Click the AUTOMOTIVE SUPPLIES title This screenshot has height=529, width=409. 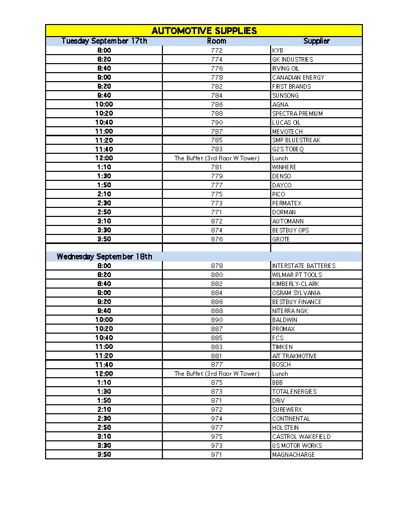(204, 31)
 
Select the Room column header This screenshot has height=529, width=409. (217, 41)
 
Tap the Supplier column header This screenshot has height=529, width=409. (316, 41)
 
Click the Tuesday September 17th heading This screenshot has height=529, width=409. (104, 41)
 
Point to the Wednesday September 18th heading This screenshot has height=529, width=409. (104, 256)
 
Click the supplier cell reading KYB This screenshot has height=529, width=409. (278, 51)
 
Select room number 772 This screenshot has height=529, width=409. (217, 51)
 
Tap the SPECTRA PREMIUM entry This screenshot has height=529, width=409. (297, 114)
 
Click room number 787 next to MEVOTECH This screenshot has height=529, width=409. (217, 132)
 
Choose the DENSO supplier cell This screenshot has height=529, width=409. (281, 176)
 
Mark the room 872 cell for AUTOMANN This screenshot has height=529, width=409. (217, 221)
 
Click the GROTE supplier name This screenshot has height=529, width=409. (281, 239)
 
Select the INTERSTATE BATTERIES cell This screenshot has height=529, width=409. (304, 266)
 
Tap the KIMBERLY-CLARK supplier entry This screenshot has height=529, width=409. (295, 284)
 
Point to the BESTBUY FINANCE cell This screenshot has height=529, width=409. (297, 302)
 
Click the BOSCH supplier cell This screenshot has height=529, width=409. (281, 365)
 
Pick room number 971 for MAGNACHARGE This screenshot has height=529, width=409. (217, 455)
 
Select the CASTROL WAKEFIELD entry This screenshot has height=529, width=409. (301, 437)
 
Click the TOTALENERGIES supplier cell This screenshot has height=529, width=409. (294, 392)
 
